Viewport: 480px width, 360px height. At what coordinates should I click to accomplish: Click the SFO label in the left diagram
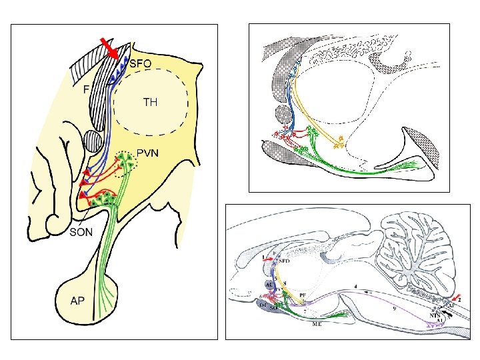tap(141, 64)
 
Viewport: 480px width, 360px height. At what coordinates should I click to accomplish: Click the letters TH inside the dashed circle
tap(151, 103)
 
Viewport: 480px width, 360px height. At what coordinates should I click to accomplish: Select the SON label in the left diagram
tap(83, 232)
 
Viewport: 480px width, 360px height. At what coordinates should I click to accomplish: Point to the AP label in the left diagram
tap(78, 301)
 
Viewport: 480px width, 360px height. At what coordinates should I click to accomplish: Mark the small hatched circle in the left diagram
tap(93, 142)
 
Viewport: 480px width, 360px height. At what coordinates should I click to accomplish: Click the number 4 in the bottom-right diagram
tap(355, 286)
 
